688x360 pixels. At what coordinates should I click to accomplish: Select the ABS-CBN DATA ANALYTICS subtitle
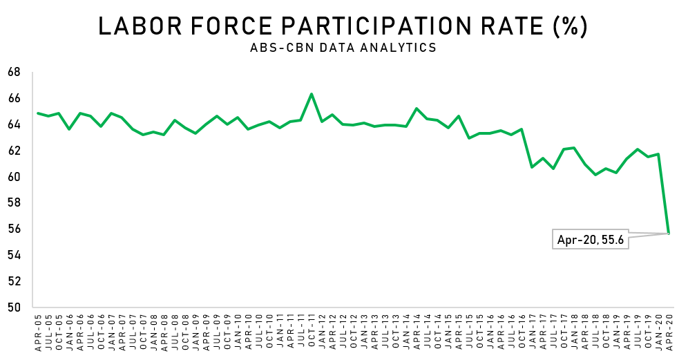coord(343,48)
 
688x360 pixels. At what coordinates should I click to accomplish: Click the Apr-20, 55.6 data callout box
coord(591,239)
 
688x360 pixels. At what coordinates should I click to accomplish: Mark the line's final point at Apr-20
coord(668,234)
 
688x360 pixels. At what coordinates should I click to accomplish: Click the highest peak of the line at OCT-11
coord(312,94)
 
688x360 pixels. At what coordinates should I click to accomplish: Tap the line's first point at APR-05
coord(38,113)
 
